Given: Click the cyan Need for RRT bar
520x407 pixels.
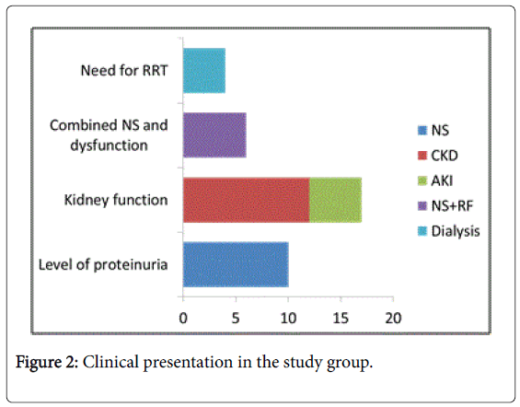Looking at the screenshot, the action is point(204,71).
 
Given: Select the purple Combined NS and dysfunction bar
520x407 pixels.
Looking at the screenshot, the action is point(214,135).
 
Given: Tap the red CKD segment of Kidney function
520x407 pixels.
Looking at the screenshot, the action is point(246,200).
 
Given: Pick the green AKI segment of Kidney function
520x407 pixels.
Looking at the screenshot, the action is point(335,200).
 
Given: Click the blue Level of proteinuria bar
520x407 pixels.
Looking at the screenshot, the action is point(236,264).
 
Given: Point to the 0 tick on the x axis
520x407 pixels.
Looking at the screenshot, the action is point(183,319).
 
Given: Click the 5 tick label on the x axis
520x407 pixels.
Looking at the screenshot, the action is point(236,319).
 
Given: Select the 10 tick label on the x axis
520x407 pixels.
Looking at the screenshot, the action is point(288,319).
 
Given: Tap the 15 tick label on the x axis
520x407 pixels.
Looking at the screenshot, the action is point(341,319).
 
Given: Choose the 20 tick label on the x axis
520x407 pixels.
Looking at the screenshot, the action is point(393,319).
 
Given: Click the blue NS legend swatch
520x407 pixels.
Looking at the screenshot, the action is point(422,131).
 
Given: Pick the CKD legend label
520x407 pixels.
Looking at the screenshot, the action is point(445,156).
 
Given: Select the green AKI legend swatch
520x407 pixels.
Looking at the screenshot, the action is point(422,180).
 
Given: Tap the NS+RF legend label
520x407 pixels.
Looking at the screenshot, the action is point(452,206).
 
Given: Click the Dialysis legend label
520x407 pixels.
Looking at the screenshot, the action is point(456,231).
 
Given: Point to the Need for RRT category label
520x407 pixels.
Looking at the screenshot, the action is point(124,71).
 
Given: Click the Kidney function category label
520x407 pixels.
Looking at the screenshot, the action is point(116,200).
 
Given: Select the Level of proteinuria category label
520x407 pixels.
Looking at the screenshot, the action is point(103,264).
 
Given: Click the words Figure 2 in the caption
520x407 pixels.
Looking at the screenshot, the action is point(46,363).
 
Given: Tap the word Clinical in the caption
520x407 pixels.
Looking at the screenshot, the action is point(110,362).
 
